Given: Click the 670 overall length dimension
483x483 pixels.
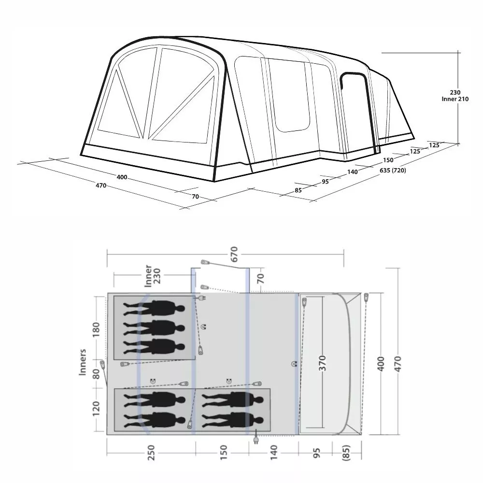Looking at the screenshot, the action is click(234, 254).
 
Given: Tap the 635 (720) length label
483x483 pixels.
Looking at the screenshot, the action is click(393, 170).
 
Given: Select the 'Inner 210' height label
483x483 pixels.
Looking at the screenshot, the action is click(455, 99).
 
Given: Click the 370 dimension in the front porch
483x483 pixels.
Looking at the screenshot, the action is click(322, 363).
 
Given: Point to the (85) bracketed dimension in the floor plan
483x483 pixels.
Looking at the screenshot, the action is click(346, 452).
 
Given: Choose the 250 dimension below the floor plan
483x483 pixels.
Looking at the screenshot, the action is click(151, 452).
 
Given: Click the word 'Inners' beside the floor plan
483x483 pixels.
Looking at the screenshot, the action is click(83, 362).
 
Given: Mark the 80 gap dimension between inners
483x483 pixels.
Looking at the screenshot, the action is click(97, 374).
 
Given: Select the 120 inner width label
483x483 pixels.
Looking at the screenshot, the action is click(97, 408).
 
